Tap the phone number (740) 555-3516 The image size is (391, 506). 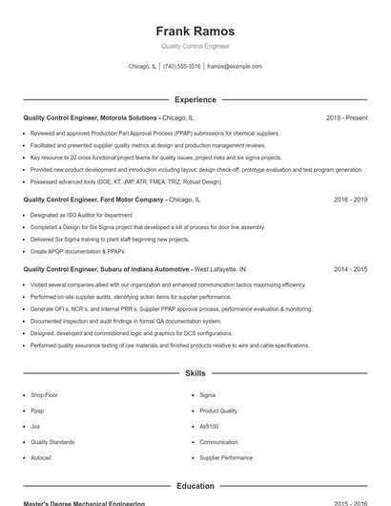(181, 67)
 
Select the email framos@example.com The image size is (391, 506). (234, 67)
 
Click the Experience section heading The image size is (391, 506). (195, 99)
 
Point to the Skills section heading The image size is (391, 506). (195, 373)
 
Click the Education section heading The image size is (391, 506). (195, 486)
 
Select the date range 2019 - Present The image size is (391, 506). (346, 117)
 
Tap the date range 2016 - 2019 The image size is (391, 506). (350, 200)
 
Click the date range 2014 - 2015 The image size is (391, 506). (350, 270)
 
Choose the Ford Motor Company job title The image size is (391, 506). (112, 200)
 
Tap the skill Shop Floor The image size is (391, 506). (44, 394)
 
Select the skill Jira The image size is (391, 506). (35, 426)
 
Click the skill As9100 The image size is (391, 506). (209, 426)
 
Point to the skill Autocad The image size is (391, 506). (41, 457)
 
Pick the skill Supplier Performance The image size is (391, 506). (226, 457)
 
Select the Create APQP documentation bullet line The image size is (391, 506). (77, 251)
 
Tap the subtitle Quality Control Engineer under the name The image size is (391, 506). (195, 46)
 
